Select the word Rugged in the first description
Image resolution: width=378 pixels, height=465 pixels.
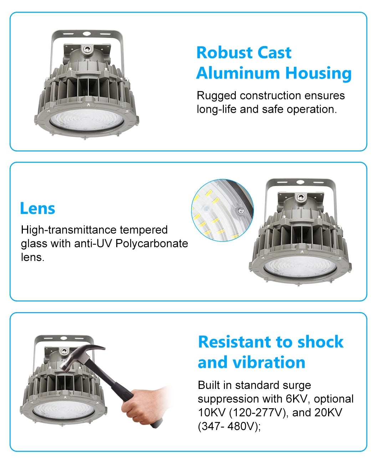click(x=216, y=96)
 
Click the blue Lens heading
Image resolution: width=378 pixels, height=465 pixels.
click(x=37, y=208)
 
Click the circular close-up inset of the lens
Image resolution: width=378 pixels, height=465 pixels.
click(x=222, y=210)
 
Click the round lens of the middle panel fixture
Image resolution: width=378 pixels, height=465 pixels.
click(x=300, y=267)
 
